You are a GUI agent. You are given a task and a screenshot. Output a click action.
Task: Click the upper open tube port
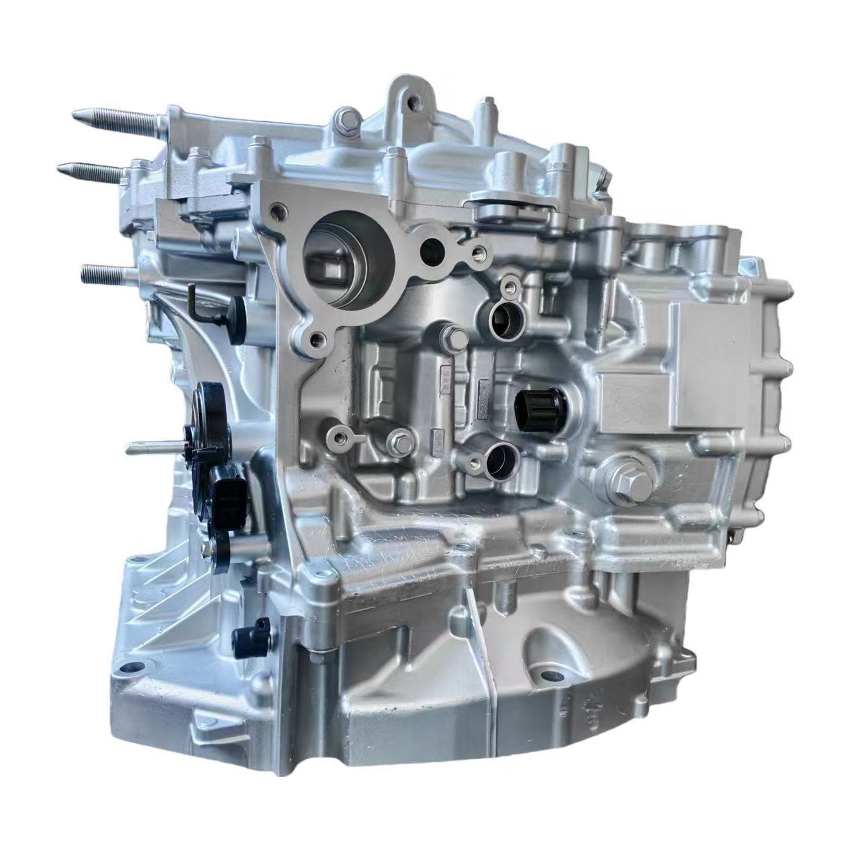(x=501, y=320)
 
